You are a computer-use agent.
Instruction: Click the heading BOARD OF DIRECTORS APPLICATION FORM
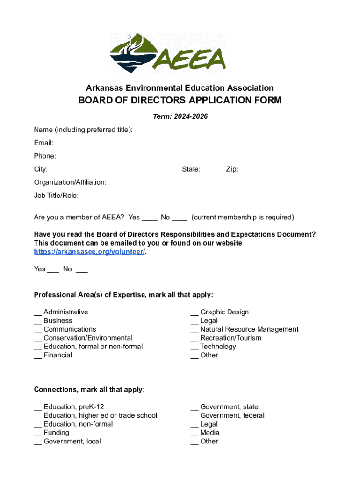180,101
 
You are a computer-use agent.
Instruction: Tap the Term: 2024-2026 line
180,116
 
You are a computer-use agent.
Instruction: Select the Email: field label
43,143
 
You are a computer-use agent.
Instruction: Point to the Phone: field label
45,156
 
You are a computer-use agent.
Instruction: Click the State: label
191,169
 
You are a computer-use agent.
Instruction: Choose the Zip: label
232,169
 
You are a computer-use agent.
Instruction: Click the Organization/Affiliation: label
70,182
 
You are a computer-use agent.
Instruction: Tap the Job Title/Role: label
56,195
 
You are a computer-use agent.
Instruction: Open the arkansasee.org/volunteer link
89,252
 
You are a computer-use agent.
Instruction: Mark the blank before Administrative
37,312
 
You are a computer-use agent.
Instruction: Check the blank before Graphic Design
194,312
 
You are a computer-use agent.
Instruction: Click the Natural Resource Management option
249,329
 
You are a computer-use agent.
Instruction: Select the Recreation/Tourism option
230,338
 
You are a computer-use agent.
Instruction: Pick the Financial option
58,355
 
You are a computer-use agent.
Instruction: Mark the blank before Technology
194,347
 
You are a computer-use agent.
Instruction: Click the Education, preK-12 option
73,407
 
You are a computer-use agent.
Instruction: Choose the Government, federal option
232,415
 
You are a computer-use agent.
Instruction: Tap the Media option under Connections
209,433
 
